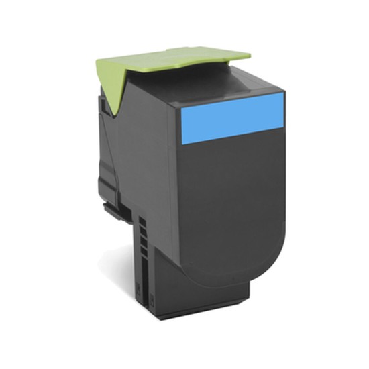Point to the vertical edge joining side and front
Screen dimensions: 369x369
coord(176,188)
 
